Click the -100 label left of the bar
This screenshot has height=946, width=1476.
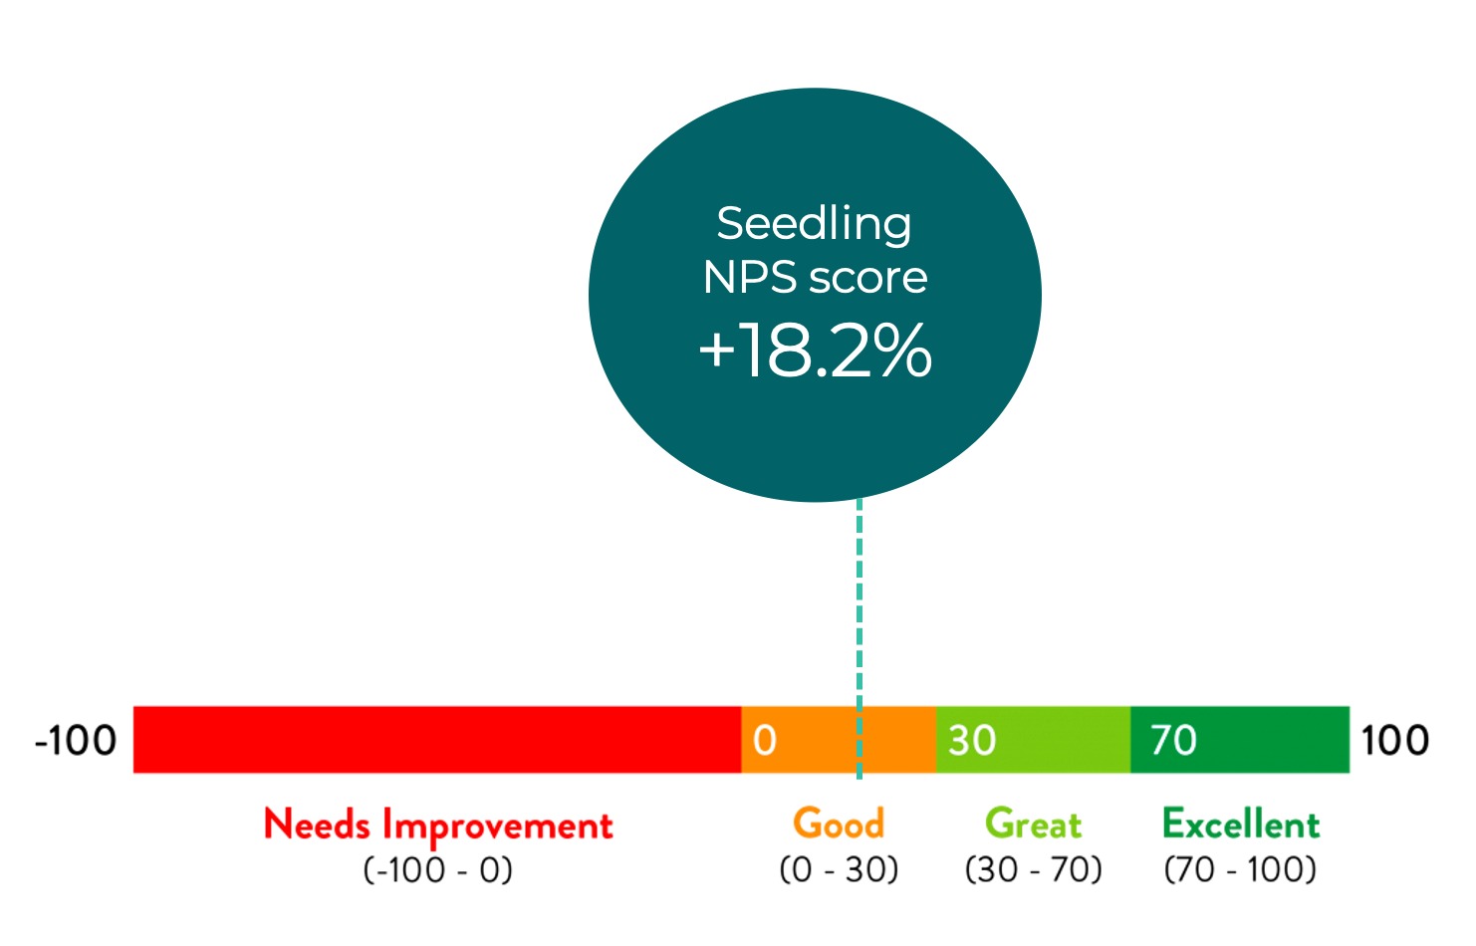click(76, 741)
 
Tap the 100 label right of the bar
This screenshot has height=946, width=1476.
click(1394, 741)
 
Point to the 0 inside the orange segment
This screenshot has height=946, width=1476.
click(764, 741)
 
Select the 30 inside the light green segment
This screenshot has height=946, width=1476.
click(971, 741)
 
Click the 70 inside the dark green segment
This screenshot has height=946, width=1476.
click(1172, 741)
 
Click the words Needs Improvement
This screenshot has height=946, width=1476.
click(438, 825)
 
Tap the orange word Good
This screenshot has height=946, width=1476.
click(839, 824)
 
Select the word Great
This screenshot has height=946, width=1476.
click(1033, 824)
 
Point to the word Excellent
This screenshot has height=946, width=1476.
click(1241, 824)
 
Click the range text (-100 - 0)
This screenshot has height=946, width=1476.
click(438, 869)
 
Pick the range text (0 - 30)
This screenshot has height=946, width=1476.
click(839, 869)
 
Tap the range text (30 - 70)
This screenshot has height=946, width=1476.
click(1033, 869)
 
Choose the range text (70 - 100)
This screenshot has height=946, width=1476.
click(1241, 869)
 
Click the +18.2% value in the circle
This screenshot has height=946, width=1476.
click(815, 351)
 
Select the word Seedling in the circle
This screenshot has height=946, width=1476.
click(814, 224)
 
